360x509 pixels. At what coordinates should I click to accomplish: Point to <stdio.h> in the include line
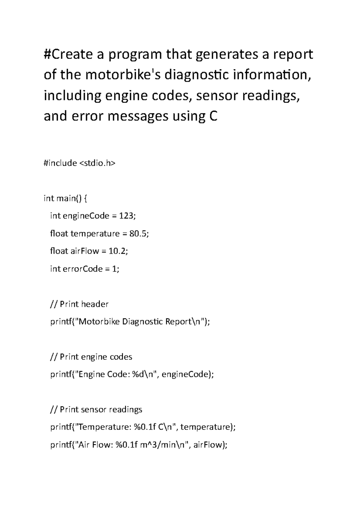coord(97,163)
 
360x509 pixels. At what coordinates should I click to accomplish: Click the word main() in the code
coord(67,198)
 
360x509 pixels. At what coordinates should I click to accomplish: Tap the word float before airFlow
coord(59,251)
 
